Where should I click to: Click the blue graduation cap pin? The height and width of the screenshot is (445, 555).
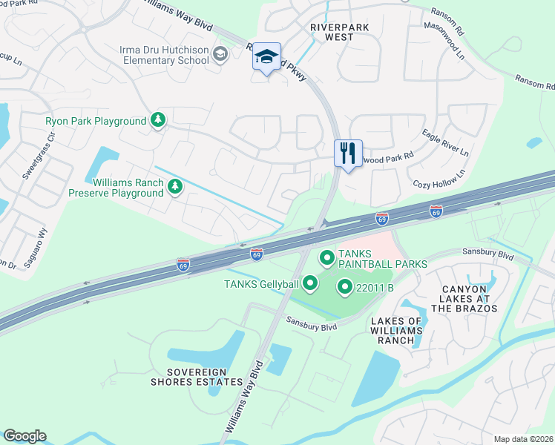coord(266,57)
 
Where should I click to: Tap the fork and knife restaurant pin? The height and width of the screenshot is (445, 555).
coord(348,154)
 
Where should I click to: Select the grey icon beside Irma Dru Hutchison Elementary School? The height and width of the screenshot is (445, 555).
coord(220,54)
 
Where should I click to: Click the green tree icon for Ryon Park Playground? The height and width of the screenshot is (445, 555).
coord(157,120)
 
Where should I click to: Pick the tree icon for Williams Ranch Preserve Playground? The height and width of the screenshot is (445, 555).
coord(174,187)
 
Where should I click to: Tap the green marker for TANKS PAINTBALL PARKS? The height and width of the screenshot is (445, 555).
coord(326,258)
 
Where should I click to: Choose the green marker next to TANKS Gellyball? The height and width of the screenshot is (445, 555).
coord(310,283)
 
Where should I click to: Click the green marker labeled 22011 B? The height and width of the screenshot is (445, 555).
coord(344,286)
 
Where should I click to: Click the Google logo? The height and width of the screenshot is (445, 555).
coord(24,436)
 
